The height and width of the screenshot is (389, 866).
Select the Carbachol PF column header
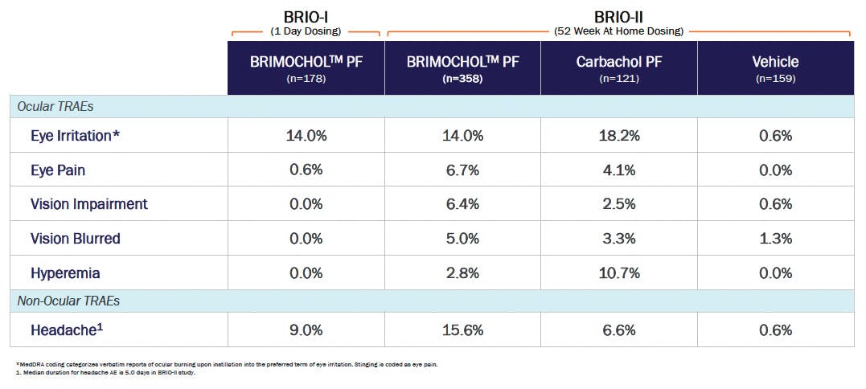618,68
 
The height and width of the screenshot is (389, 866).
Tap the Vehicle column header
775,68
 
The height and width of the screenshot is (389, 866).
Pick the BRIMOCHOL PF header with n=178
306,68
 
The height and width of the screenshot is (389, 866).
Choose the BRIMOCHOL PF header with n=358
462,68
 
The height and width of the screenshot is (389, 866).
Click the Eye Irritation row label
75,136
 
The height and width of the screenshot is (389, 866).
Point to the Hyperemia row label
65,273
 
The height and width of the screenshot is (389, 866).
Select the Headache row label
64,330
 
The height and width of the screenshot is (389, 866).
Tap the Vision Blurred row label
75,239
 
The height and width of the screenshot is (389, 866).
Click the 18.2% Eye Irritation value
618,136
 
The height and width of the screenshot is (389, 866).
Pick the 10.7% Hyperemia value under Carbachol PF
618,273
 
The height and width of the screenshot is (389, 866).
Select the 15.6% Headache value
462,330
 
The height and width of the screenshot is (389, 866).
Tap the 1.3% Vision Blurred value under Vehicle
775,239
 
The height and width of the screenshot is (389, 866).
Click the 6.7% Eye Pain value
462,170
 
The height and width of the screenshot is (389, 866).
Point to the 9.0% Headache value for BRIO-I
306,330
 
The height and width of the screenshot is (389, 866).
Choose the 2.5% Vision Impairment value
618,204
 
